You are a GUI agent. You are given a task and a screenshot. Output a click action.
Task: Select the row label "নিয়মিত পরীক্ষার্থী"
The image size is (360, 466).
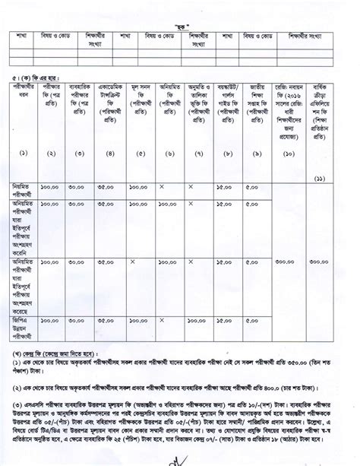point(27,190)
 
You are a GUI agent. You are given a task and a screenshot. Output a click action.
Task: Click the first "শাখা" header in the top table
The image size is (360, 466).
point(25,35)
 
